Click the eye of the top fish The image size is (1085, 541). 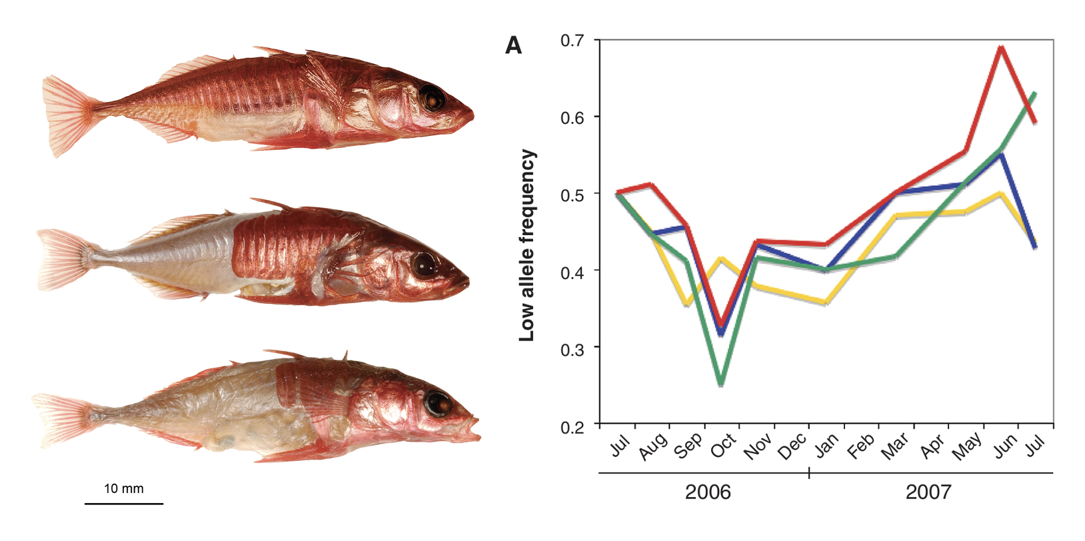433,99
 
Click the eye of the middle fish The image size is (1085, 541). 424,265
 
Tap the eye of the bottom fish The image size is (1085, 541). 439,402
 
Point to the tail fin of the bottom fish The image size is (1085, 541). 60,414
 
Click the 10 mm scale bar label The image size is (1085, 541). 123,488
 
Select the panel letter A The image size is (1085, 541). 513,45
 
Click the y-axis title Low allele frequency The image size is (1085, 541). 527,245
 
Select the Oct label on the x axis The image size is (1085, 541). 723,445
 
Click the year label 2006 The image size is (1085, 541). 708,492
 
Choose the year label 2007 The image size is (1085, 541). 928,492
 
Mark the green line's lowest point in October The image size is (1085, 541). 720,384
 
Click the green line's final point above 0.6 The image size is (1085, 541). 1034,93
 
